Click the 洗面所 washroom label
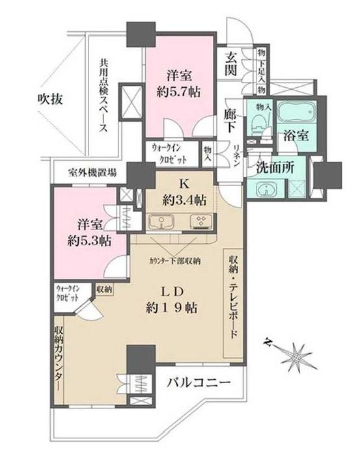click(x=275, y=166)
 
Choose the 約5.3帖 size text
click(x=87, y=240)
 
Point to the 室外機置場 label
click(x=94, y=174)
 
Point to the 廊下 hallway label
click(x=230, y=116)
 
